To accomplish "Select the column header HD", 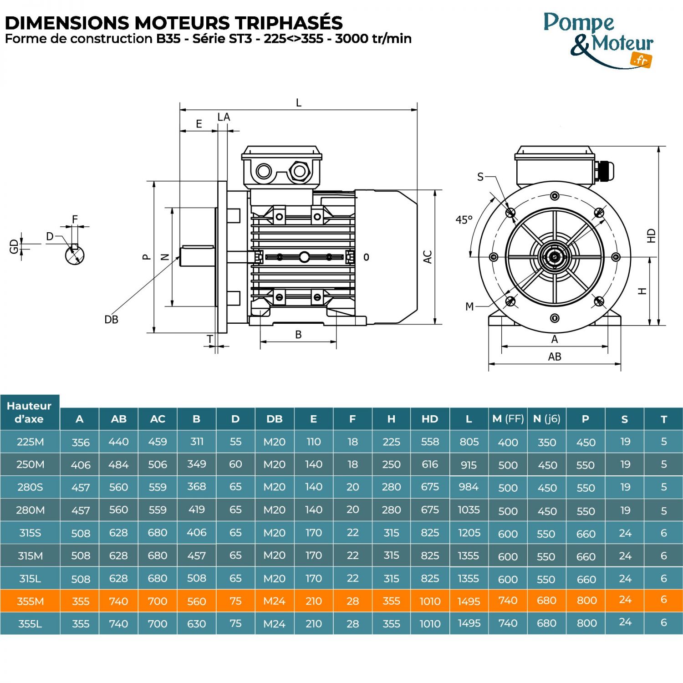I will pos(429,419).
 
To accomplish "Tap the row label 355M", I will pos(30,601).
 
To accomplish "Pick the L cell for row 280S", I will pos(469,487).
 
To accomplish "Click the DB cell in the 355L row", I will pos(274,623).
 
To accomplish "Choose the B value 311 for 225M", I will pos(197,441).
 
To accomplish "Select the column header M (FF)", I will pos(508,419).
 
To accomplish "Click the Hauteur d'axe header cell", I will pos(30,412).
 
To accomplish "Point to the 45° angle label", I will pos(464,220).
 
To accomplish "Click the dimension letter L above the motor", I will pos(299,102).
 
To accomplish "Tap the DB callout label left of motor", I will pos(111,320).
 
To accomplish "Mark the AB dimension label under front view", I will pos(554,357).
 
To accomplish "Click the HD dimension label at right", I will pos(651,235).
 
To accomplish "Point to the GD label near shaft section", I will pos(14,246).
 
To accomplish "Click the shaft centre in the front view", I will pos(555,257).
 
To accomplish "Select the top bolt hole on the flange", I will pos(555,196).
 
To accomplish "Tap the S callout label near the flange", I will pos(480,177).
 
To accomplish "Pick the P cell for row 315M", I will pos(586,556).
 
